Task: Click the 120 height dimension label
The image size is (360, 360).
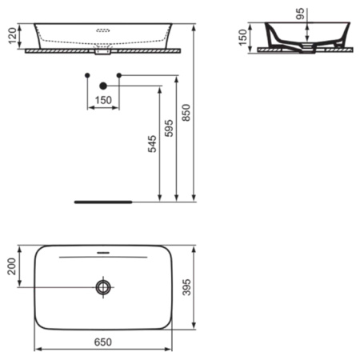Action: point(10,35)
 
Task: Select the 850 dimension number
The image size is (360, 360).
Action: point(186,114)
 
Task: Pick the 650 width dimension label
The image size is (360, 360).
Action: point(102,342)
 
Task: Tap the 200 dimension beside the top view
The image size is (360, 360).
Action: point(10,266)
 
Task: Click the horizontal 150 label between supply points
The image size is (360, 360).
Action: point(102,101)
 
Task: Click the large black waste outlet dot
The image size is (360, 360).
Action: point(102,85)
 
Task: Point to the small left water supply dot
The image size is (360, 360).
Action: point(86,75)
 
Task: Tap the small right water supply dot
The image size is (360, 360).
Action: point(118,75)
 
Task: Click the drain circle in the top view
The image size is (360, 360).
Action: point(102,286)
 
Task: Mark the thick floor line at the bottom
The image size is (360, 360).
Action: point(102,202)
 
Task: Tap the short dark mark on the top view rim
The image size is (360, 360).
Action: point(102,252)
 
